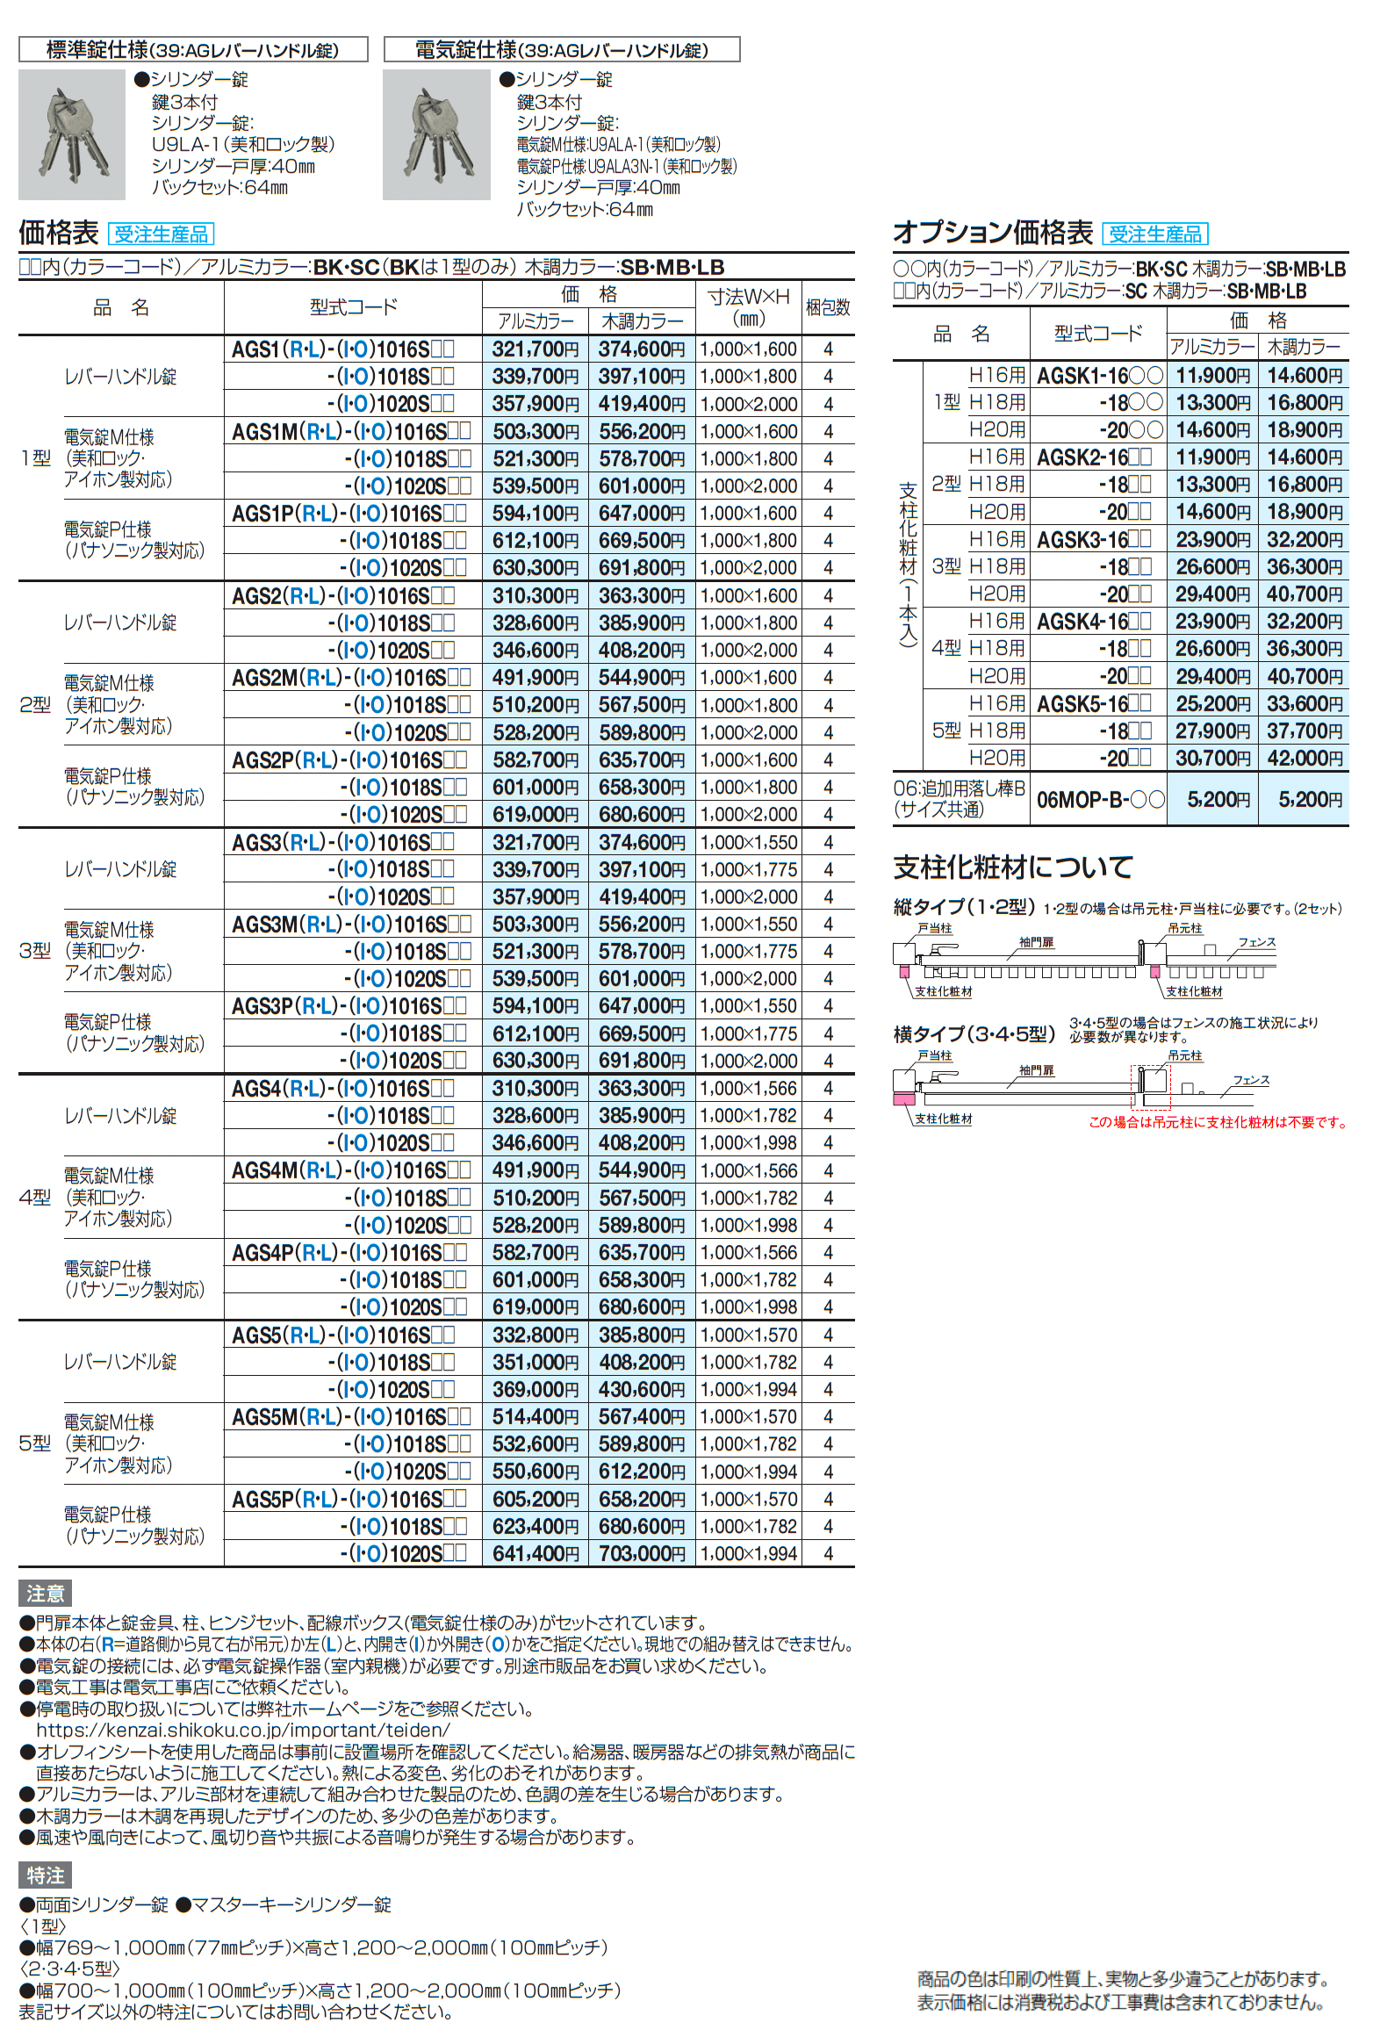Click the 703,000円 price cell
tap(641, 1553)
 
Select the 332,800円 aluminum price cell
tap(535, 1335)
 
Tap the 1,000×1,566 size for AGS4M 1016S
tap(749, 1170)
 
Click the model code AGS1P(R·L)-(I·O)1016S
tap(349, 514)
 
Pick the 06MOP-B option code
tap(1100, 800)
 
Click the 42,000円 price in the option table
tap(1304, 758)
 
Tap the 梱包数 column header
tap(828, 307)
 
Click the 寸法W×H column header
tap(749, 307)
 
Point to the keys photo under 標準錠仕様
tap(72, 134)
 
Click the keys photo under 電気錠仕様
tap(436, 134)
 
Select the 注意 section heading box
tap(45, 1594)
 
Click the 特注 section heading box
tap(45, 1875)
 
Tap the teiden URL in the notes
tap(243, 1730)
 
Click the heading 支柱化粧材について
tap(1012, 867)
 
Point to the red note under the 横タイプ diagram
tap(1217, 1122)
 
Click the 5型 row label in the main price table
tap(35, 1443)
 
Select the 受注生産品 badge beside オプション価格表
tap(1155, 234)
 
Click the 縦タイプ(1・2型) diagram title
tap(963, 907)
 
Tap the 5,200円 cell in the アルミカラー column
tap(1212, 800)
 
